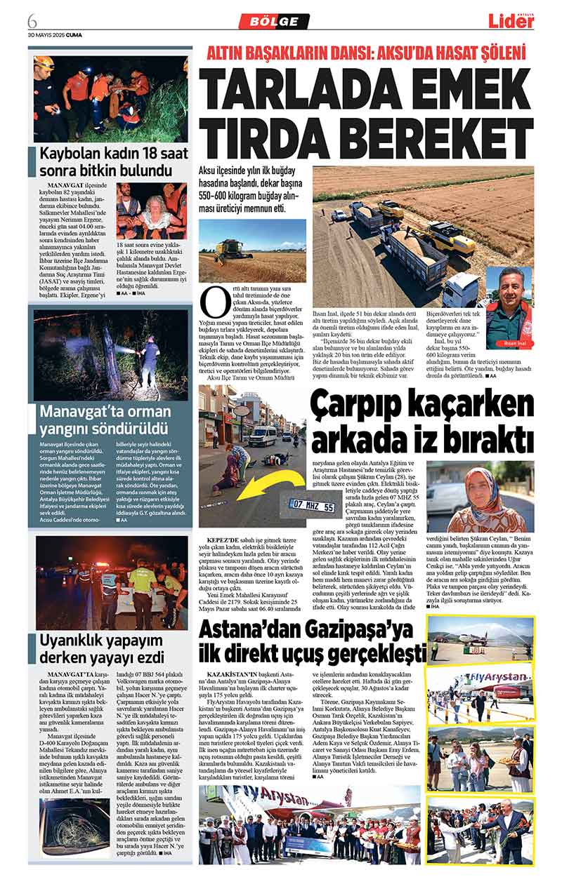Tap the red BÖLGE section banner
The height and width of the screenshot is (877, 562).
(273, 21)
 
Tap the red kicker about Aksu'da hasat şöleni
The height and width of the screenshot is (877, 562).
(366, 52)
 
